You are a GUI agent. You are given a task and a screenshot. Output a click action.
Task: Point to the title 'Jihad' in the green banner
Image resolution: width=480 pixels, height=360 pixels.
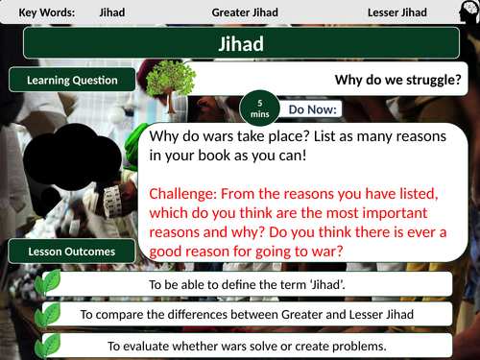click(x=240, y=45)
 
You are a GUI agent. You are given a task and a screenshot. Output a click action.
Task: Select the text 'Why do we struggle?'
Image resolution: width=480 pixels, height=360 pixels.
click(x=396, y=81)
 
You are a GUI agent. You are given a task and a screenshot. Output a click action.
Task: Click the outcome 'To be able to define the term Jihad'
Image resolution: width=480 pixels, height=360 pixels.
click(x=249, y=284)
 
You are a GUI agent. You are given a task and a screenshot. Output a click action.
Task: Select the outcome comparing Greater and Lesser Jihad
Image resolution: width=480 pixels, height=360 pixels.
click(x=249, y=314)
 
